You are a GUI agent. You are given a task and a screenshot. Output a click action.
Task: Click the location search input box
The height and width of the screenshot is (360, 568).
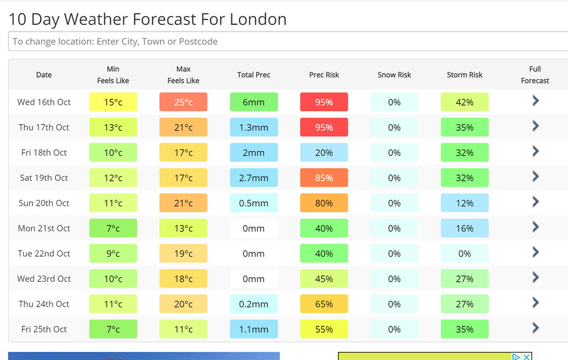click(x=284, y=42)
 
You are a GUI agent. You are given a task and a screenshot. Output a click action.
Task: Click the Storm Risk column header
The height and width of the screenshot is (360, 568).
click(x=464, y=75)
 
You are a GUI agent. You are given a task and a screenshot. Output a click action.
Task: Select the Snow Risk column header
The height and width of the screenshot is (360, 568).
click(x=394, y=75)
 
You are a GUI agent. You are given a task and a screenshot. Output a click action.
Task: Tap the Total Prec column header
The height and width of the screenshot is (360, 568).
click(x=254, y=75)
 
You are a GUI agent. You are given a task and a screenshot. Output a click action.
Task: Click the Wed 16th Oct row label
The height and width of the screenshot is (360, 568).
click(x=44, y=102)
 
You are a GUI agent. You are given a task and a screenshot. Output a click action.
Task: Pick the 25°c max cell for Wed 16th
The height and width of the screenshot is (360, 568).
click(x=183, y=102)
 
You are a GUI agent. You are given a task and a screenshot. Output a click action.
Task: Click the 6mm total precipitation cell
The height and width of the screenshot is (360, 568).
click(x=254, y=102)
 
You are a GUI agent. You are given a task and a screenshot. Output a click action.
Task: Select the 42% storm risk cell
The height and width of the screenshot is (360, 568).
click(x=464, y=102)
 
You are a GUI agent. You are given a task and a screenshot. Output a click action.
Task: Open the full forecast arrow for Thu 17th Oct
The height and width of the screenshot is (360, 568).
click(x=536, y=126)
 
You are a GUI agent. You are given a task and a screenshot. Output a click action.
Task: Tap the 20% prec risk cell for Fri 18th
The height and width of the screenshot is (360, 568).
click(x=324, y=152)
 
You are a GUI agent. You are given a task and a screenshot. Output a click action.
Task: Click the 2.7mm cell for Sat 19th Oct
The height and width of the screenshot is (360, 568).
click(x=254, y=178)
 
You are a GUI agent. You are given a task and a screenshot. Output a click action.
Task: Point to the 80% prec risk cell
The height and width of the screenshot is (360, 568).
click(x=324, y=203)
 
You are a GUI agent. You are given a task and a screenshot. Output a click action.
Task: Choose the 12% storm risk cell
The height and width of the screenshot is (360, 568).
click(x=464, y=203)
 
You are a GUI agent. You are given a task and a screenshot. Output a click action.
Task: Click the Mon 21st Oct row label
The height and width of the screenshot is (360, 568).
click(x=44, y=228)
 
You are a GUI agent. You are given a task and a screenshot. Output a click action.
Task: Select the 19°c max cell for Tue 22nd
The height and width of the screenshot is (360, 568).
click(x=183, y=253)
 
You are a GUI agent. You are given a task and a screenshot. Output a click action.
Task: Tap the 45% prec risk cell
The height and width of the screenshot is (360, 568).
click(x=324, y=279)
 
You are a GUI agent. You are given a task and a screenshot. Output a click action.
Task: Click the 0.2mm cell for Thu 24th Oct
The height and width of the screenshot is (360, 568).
click(x=254, y=304)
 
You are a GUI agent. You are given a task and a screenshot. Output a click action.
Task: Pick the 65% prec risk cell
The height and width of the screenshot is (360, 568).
click(x=324, y=304)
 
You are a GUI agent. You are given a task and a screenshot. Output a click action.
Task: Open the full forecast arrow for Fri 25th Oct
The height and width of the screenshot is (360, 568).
click(x=536, y=328)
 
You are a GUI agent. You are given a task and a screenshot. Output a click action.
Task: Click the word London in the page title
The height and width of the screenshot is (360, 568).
click(x=258, y=19)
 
